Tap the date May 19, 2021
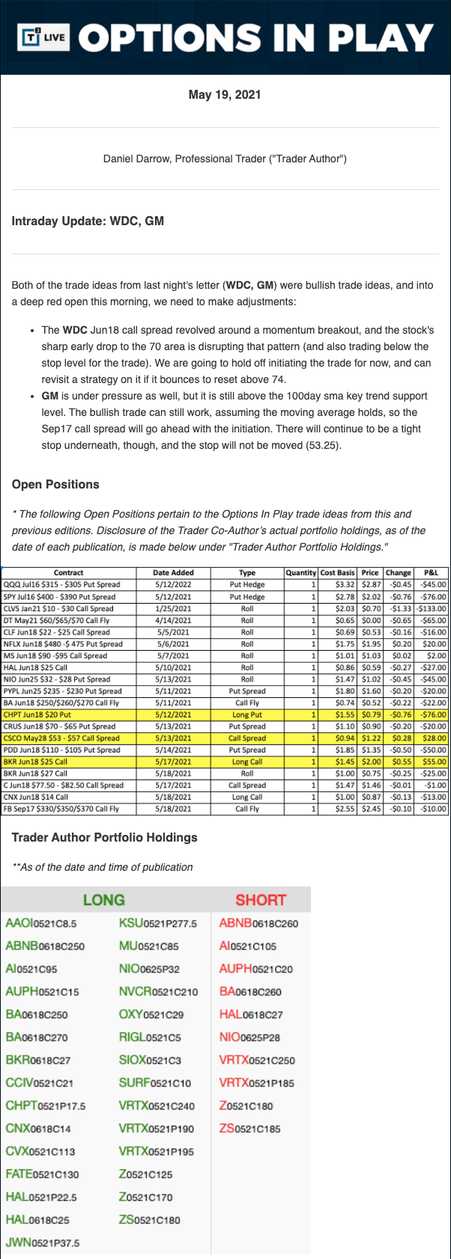tap(225, 94)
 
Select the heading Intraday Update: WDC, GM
tap(88, 221)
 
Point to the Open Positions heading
tap(55, 484)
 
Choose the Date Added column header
tap(173, 572)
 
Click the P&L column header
tap(431, 572)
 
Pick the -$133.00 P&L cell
tap(431, 608)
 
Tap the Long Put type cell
tap(247, 714)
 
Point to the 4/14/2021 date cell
tap(173, 620)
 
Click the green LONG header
tap(103, 900)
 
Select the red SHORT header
tap(261, 900)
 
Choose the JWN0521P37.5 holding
tap(42, 1243)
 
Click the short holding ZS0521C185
tap(249, 1128)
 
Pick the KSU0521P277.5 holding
tap(157, 923)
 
